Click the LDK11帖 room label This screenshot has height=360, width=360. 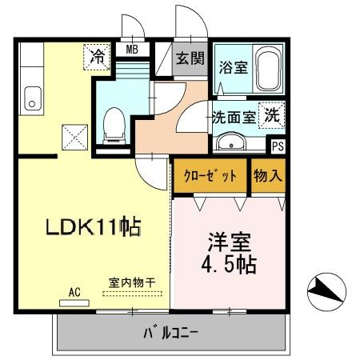coord(94,226)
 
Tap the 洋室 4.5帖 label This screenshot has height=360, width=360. coord(229,253)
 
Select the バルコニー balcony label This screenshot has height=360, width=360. coord(170,333)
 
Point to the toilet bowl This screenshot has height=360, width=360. coord(114,126)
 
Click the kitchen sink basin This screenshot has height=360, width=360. coord(33,98)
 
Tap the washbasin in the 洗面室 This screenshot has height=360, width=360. coord(231,142)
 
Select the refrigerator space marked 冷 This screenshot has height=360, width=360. coord(97,57)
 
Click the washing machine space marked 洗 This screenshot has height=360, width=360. coord(272,115)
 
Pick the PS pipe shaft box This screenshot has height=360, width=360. coord(278,146)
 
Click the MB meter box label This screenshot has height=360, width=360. coord(132,49)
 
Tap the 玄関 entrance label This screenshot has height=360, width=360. coord(190,58)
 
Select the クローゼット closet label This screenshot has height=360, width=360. coord(210,176)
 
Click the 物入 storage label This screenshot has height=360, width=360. coord(268,176)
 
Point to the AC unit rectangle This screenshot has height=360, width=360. coord(74,303)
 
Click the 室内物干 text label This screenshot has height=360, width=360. coord(132,282)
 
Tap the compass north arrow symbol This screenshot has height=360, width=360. coord(326,292)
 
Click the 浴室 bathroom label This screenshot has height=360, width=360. coord(234,67)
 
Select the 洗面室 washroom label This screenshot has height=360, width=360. coord(234,117)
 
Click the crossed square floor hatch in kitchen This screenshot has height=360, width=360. coord(75,137)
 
